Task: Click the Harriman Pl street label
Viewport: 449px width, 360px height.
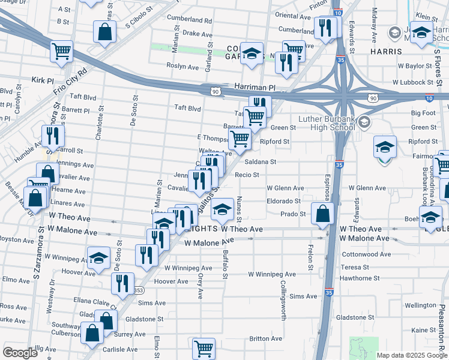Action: pos(255,88)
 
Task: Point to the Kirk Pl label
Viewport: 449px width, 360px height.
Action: pos(43,80)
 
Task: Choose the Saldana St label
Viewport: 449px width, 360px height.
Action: pos(259,161)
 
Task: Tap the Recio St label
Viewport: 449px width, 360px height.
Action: pos(247,175)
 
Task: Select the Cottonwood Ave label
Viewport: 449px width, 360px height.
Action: pos(366,254)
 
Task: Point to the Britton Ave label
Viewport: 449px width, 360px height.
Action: pos(266,338)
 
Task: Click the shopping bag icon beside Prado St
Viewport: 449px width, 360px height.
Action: pos(323,212)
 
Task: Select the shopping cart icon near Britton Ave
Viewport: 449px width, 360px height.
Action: pos(204,347)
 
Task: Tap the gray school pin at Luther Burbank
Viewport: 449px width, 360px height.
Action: pos(364,122)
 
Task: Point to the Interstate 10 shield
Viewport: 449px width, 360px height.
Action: pos(339,13)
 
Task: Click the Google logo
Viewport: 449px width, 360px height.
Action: pos(20,353)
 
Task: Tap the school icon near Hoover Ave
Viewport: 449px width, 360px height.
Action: pos(98,258)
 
